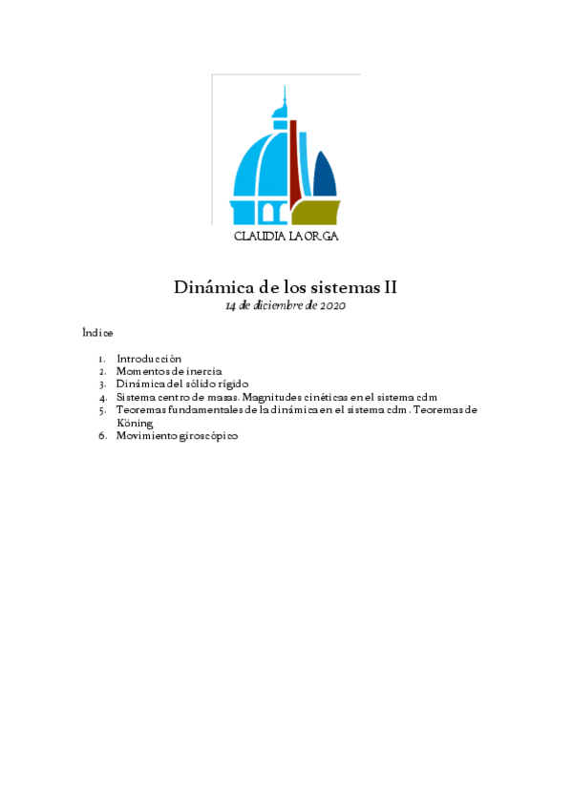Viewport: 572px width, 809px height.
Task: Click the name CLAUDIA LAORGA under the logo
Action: pyautogui.click(x=286, y=237)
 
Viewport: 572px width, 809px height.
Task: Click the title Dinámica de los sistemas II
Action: pyautogui.click(x=285, y=287)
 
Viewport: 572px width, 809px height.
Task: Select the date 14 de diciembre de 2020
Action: pyautogui.click(x=285, y=305)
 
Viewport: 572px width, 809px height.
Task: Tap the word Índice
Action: pyautogui.click(x=97, y=333)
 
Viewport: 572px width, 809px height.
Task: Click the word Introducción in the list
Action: pyautogui.click(x=149, y=359)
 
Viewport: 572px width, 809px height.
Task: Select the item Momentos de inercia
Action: pyautogui.click(x=169, y=371)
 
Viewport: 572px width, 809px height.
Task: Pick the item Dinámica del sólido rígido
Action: pyautogui.click(x=182, y=384)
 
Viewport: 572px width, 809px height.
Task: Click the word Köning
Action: pyautogui.click(x=135, y=422)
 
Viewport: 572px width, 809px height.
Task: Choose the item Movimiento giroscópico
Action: pyautogui.click(x=177, y=435)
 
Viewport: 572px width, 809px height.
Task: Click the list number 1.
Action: pyautogui.click(x=101, y=359)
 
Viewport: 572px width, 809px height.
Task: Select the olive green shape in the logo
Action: pyautogui.click(x=320, y=213)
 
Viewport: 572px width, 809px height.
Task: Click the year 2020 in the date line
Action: pyautogui.click(x=332, y=305)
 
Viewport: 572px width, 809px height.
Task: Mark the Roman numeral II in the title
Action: pyautogui.click(x=390, y=287)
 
